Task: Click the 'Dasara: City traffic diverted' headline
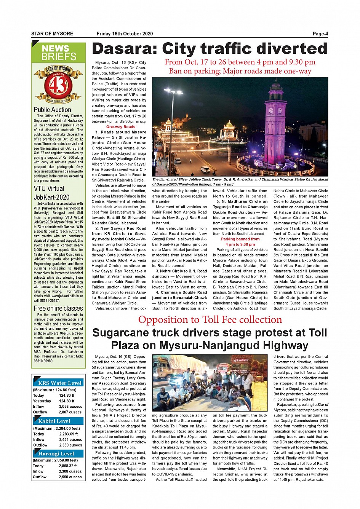click(x=210, y=49)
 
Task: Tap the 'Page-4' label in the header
click(x=320, y=34)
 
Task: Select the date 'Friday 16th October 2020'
click(x=125, y=34)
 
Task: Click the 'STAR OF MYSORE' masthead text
click(x=52, y=34)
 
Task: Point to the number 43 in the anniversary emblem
click(x=58, y=86)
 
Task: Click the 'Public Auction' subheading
click(x=53, y=110)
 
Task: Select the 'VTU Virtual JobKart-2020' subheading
click(x=52, y=193)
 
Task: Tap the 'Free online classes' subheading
click(x=58, y=308)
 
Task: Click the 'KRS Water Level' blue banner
click(x=59, y=383)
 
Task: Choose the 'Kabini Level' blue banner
click(x=54, y=421)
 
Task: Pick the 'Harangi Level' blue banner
click(x=56, y=453)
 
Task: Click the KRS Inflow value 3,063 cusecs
click(x=70, y=407)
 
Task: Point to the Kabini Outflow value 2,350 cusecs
click(x=70, y=445)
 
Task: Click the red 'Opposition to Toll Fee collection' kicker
click(x=210, y=319)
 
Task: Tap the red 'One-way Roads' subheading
click(x=121, y=127)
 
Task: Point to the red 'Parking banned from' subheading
click(x=240, y=239)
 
